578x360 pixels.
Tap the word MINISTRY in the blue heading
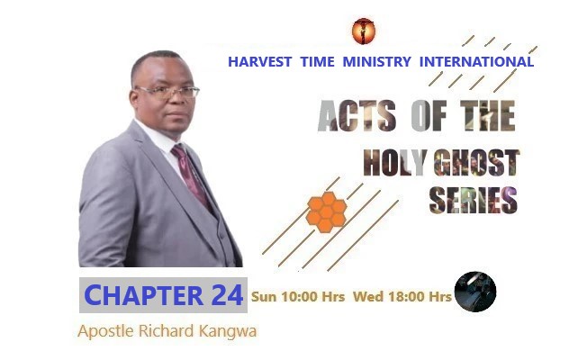pyautogui.click(x=376, y=62)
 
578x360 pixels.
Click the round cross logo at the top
pyautogui.click(x=364, y=31)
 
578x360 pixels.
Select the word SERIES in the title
pyautogui.click(x=473, y=199)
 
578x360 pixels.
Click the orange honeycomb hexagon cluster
pyautogui.click(x=326, y=211)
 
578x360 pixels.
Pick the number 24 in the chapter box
pyautogui.click(x=224, y=294)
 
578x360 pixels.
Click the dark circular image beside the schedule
pyautogui.click(x=474, y=292)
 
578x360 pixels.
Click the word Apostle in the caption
pyautogui.click(x=104, y=330)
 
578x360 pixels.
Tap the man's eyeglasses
pyautogui.click(x=167, y=93)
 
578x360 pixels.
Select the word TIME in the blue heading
pyautogui.click(x=311, y=62)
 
